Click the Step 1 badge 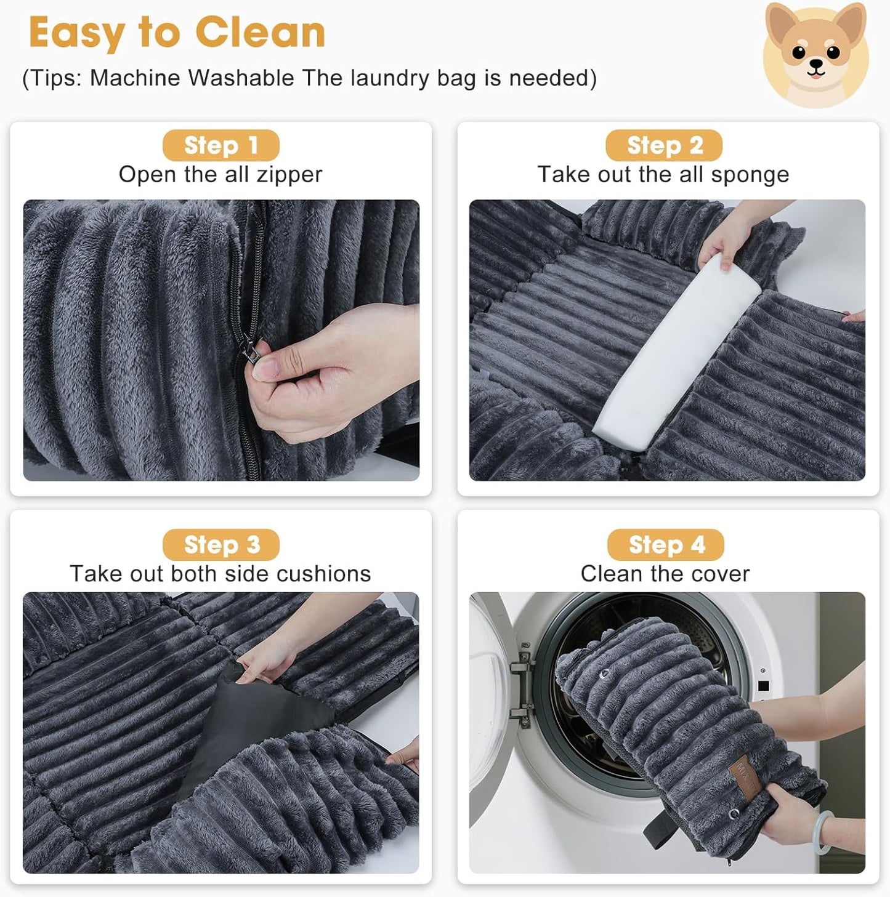click(x=220, y=146)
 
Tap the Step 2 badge click(x=664, y=145)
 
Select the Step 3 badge click(x=221, y=545)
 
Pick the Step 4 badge click(x=666, y=545)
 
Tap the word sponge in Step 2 click(x=750, y=175)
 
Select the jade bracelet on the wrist click(x=825, y=831)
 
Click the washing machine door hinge click(x=524, y=684)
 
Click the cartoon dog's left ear click(x=780, y=22)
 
